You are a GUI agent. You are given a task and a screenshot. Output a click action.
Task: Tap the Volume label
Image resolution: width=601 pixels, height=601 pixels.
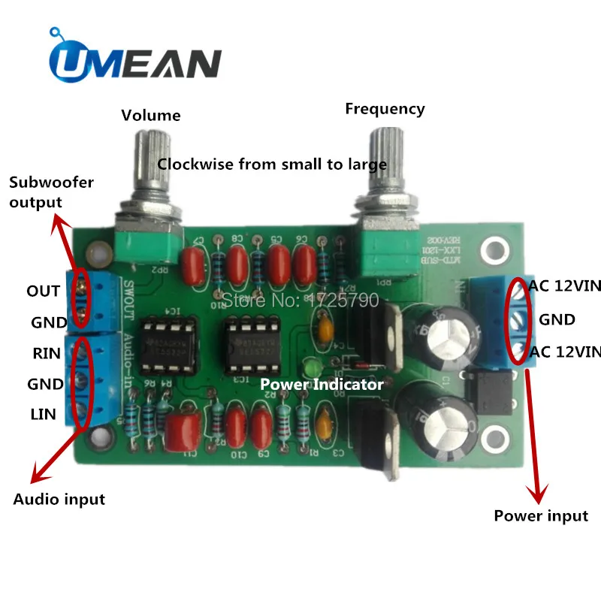tap(151, 116)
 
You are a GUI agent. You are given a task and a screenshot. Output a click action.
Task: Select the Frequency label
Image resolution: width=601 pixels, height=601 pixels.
tap(385, 109)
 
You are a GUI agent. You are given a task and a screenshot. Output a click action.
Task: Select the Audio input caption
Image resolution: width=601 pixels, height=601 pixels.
tap(59, 499)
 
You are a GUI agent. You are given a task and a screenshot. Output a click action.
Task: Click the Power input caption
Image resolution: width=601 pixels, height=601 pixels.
tap(541, 515)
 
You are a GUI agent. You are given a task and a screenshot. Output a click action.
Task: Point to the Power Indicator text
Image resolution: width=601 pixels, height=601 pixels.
tap(322, 385)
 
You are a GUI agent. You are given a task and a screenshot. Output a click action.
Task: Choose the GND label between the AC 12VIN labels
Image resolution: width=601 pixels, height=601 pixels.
tap(557, 320)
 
